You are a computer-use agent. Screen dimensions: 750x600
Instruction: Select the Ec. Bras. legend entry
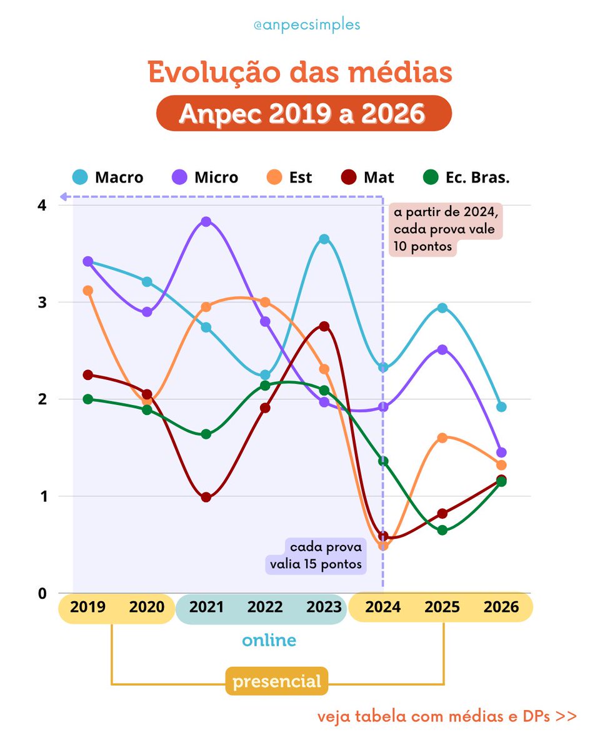point(465,177)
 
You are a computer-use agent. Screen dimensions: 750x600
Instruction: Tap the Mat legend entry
point(367,177)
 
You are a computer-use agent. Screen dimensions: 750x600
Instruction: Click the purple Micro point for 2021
point(206,222)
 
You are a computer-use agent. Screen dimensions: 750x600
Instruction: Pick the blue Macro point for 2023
point(324,239)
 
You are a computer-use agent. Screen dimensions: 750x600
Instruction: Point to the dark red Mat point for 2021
point(206,497)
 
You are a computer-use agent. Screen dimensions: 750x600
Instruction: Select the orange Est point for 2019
point(88,291)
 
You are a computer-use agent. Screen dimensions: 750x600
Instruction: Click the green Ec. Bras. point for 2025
point(442,530)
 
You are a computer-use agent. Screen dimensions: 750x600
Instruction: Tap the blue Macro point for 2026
point(501,407)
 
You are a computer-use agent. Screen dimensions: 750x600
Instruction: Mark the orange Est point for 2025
point(442,437)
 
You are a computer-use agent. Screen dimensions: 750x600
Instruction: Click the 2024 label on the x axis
point(383,607)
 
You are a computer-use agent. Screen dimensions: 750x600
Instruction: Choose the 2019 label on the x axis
point(88,607)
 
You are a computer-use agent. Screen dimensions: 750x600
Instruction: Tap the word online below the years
point(269,641)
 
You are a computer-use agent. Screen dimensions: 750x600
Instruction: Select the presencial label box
point(277,681)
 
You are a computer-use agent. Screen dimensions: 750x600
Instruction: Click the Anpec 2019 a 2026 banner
point(303,113)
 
